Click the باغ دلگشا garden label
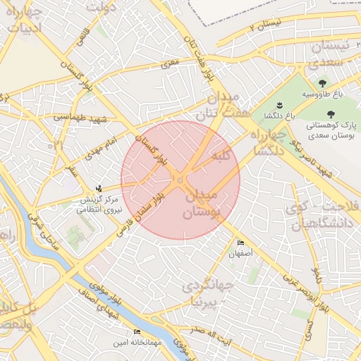pos(279,115)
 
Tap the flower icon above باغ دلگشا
pos(280,105)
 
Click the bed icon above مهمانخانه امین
pos(137,332)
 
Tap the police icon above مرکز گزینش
pos(99,188)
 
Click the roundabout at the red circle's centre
pos(181,180)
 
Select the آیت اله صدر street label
pos(210,330)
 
